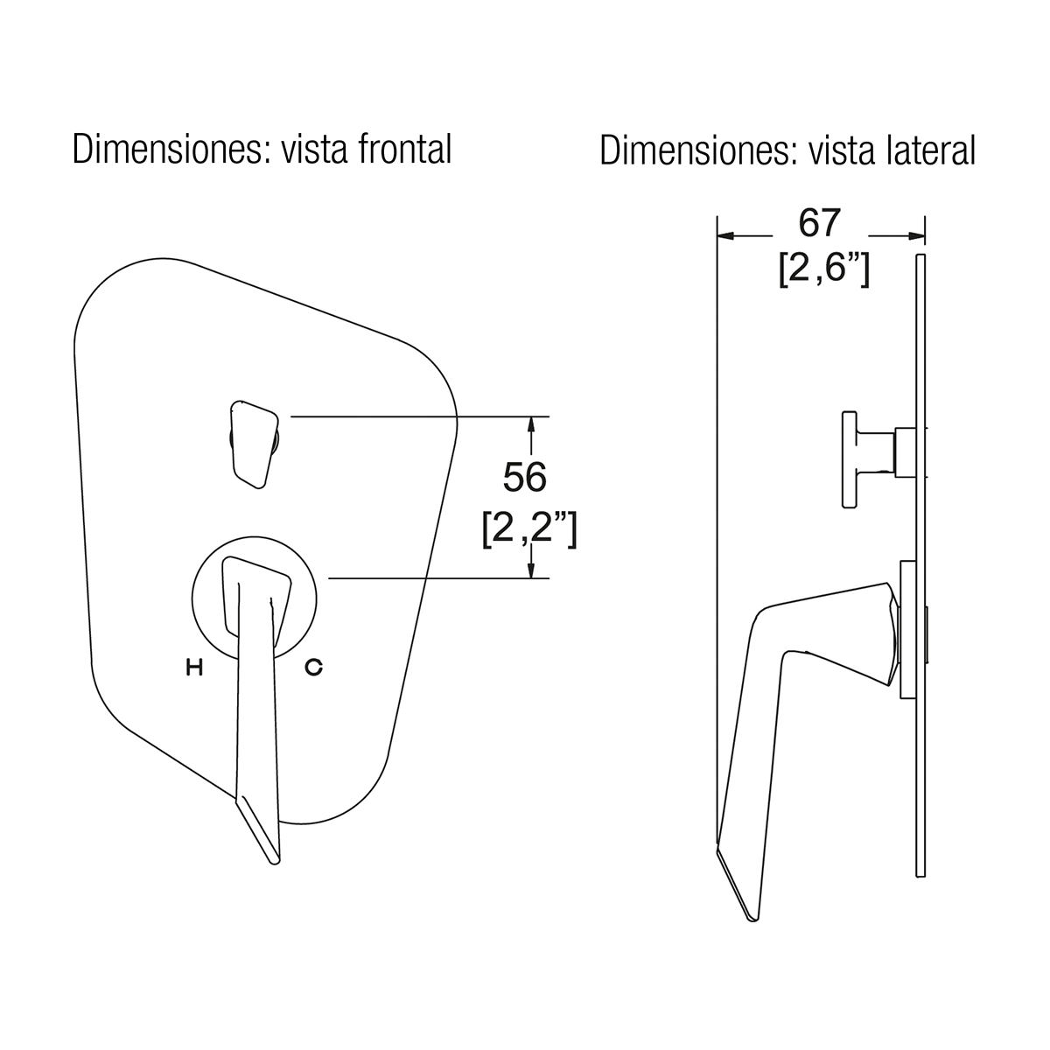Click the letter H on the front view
coord(194,667)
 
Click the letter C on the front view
coord(314,667)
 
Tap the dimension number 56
coord(525,478)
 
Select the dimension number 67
coord(820,223)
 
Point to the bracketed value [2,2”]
coord(529,529)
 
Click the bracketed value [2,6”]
coord(824,269)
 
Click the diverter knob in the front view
coord(255,444)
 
